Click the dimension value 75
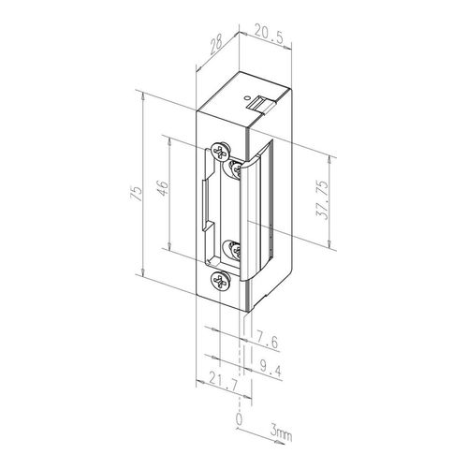point(137,193)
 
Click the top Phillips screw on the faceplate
point(221,152)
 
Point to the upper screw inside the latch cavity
point(237,168)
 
